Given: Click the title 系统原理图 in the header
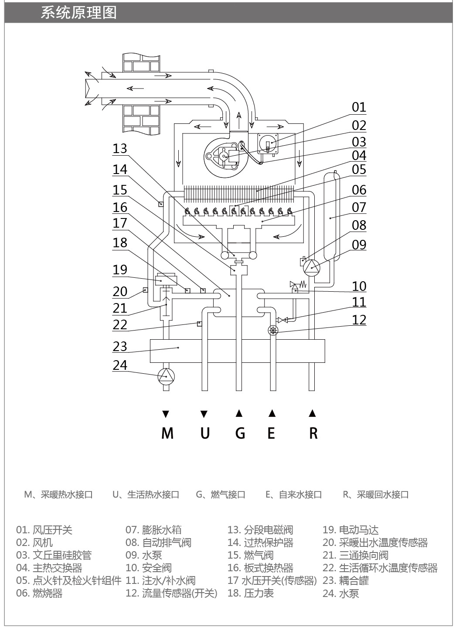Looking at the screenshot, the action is pos(78,13).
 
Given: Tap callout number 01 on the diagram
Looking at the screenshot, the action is pos(359,107).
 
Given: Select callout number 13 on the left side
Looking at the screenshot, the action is pos(120,149).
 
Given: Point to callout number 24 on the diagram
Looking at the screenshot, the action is pos(120,365).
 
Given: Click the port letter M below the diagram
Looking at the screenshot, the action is pos(167,433).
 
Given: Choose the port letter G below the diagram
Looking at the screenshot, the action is pos(240,433).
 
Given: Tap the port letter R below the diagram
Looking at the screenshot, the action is pos(313,433).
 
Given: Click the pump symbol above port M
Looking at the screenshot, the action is pos(166,376).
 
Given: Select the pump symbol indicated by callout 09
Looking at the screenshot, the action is pos(312,268).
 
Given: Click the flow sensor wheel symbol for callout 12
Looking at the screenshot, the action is pos(273,330).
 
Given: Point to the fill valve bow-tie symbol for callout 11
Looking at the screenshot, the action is pos(283,320).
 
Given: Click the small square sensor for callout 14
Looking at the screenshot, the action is pos(161,204).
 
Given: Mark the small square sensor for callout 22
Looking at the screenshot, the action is pos(200,324).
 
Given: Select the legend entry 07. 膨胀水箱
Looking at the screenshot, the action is pos(153,530).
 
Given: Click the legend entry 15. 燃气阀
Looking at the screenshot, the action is pos(250,555).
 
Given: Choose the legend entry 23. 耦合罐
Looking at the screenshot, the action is pos(346,580).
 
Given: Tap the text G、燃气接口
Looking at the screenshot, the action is pos(221,495).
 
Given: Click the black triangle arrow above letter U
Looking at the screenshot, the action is pos(204,414).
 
